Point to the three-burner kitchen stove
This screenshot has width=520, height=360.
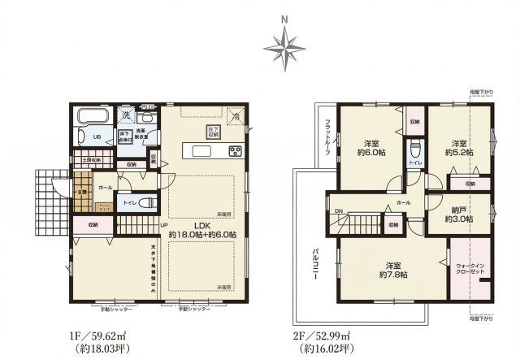coord(235,150)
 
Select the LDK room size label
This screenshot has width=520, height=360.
coord(202,228)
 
